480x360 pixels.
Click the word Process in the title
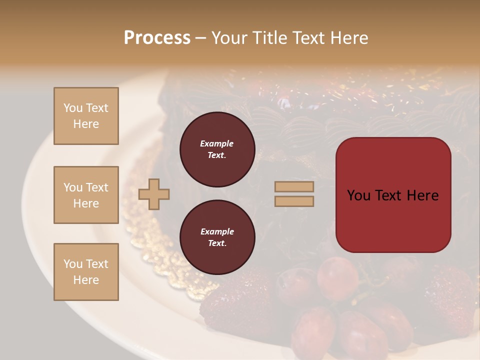point(157,38)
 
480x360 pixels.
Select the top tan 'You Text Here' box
point(86,116)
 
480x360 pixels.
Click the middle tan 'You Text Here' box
point(86,195)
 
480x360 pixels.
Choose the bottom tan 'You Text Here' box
point(86,272)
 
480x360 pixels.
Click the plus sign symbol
point(154,194)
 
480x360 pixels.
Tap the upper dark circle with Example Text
point(217,149)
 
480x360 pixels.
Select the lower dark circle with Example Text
point(217,237)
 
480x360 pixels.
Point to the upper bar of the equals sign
point(294,187)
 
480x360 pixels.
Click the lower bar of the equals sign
point(294,201)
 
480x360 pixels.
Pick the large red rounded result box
point(393,195)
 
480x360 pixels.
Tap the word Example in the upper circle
point(217,143)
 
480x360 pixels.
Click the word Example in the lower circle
point(217,231)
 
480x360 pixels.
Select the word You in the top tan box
point(72,108)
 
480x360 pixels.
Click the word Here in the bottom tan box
point(86,280)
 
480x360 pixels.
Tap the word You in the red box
point(358,195)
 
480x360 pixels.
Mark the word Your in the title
point(228,38)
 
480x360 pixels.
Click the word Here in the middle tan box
point(86,203)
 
